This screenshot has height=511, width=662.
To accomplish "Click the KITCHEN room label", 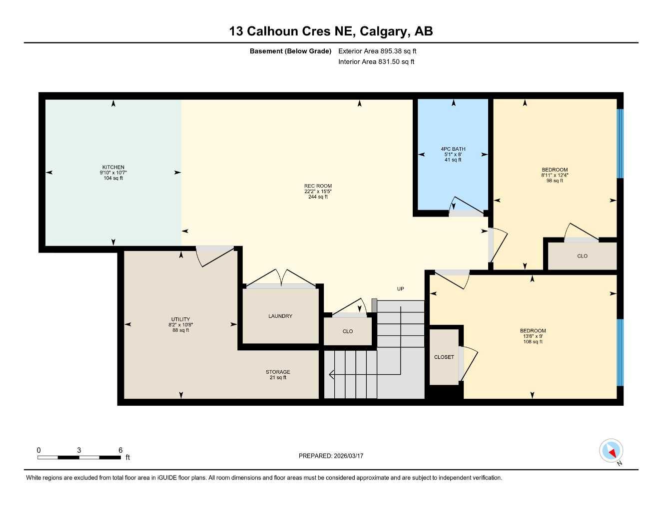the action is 113,167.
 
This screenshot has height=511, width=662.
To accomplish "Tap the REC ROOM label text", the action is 318,186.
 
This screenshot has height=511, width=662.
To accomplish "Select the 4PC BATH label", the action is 453,149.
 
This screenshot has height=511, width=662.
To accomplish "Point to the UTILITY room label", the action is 180,319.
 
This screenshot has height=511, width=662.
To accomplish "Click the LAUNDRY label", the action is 280,316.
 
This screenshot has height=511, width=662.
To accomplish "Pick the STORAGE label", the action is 278,372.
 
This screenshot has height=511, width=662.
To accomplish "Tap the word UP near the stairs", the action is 400,288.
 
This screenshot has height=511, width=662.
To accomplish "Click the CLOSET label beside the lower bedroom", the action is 444,357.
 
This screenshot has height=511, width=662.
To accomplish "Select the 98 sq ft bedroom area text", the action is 555,180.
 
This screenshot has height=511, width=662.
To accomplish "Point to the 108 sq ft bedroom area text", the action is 533,341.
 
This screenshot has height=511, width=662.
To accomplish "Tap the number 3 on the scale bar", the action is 79,450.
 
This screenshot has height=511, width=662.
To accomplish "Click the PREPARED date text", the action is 331,456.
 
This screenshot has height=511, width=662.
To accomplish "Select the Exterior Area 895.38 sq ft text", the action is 377,51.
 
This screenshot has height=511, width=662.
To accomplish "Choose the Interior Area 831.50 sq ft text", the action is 376,62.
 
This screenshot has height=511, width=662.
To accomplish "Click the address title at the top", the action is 331,31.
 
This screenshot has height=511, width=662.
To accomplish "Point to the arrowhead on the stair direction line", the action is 331,374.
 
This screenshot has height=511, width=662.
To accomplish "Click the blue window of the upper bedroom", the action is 620,144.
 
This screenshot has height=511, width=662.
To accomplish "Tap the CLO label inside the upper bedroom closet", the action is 582,256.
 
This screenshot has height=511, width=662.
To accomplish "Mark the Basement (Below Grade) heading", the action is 290,51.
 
